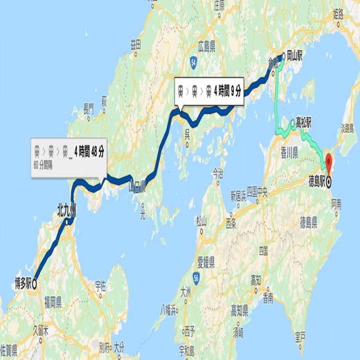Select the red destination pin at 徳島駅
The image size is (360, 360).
(330, 166)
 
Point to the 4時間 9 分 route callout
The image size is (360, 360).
(210, 89)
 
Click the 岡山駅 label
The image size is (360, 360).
(297, 58)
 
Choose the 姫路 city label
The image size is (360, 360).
(339, 15)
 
